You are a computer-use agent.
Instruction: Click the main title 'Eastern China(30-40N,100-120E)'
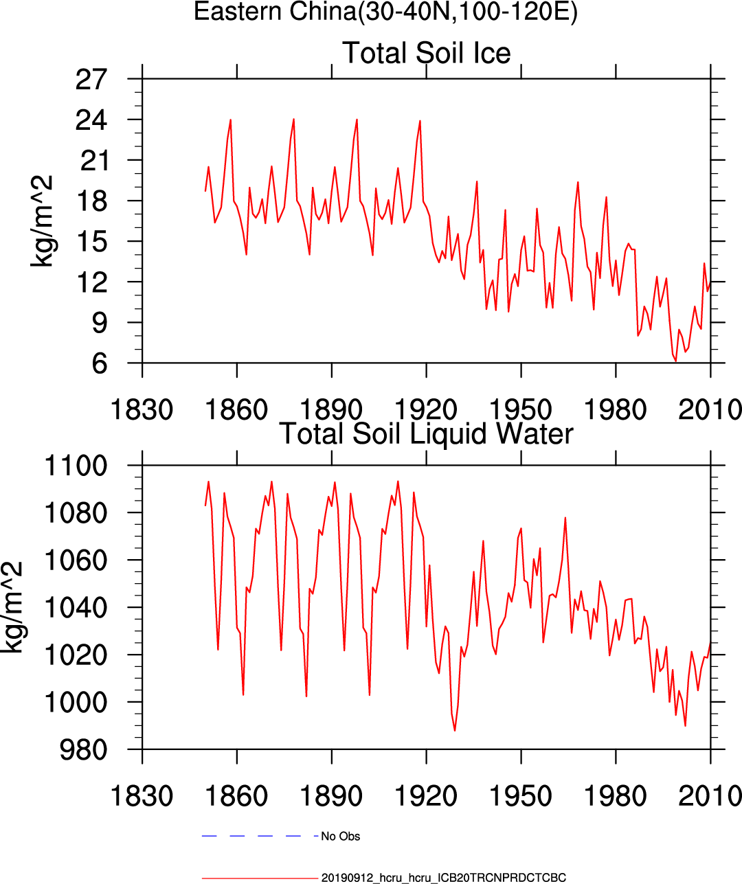[385, 12]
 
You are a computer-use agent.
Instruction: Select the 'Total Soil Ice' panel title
[426, 53]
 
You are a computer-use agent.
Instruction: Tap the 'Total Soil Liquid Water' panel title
[426, 434]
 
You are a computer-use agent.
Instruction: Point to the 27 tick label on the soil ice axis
[91, 80]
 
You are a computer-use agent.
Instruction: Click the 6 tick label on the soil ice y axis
[100, 363]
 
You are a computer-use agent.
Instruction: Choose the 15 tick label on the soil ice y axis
[91, 242]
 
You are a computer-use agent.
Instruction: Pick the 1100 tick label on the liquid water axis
[76, 466]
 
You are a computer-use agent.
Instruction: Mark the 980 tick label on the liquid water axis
[84, 750]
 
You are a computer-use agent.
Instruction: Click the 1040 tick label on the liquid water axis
[76, 608]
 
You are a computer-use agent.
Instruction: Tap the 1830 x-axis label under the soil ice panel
[142, 410]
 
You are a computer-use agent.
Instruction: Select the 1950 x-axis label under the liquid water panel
[520, 796]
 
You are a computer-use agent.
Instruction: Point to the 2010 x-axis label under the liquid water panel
[709, 796]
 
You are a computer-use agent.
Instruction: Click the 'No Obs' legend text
[341, 837]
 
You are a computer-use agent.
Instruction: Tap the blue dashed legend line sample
[260, 836]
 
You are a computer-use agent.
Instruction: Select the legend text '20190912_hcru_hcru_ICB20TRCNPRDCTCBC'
[444, 878]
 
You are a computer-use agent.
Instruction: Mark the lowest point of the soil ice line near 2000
[675, 361]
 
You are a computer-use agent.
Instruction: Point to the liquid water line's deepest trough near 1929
[455, 730]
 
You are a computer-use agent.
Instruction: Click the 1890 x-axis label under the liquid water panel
[331, 796]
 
